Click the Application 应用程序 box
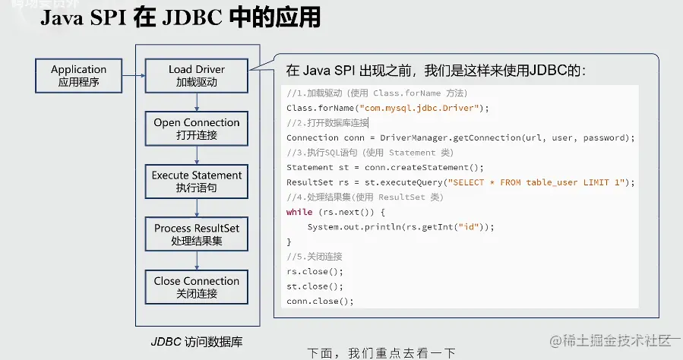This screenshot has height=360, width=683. click(x=79, y=74)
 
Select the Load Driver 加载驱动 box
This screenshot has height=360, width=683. click(x=197, y=74)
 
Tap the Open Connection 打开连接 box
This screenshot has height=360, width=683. click(x=197, y=128)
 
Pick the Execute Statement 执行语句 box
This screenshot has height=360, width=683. click(x=197, y=181)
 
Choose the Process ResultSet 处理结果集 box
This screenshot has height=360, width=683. click(x=197, y=234)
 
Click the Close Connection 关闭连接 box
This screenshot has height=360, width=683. click(x=197, y=286)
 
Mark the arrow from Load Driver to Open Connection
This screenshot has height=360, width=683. click(x=197, y=101)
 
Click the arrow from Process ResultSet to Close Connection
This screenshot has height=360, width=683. click(x=197, y=260)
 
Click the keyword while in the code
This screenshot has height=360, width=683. click(x=299, y=212)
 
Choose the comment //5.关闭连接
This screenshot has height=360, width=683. click(x=315, y=256)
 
